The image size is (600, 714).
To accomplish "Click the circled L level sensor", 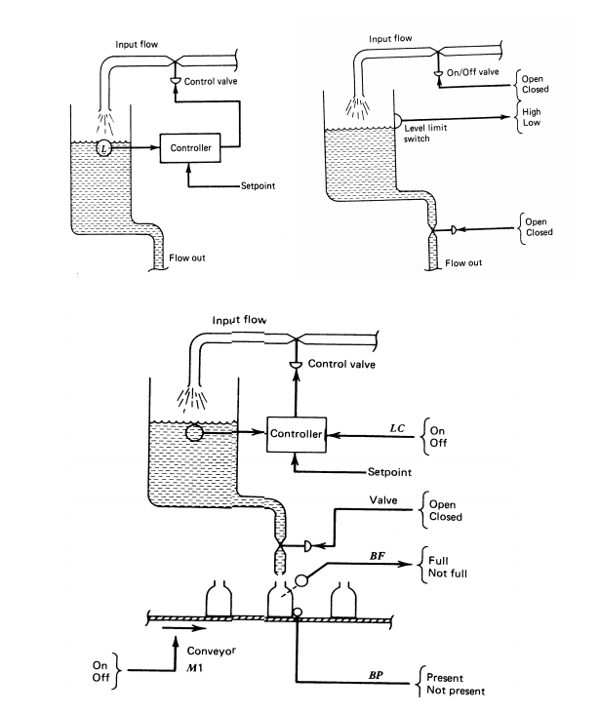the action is click(x=103, y=148).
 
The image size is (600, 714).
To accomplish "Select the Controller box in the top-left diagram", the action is click(x=190, y=147).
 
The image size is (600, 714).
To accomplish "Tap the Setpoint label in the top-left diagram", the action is click(x=258, y=185).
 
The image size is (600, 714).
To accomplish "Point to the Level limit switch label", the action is click(x=425, y=133).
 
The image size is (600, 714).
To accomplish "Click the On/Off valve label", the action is click(x=472, y=72).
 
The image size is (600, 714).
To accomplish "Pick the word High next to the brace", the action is click(x=531, y=111).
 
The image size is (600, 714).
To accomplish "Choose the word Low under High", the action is click(x=531, y=123).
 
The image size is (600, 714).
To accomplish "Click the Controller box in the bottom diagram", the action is click(x=297, y=434).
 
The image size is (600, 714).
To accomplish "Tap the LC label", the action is click(x=397, y=428).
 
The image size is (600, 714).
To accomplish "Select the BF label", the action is click(x=378, y=556).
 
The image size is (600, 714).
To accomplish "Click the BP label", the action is click(x=376, y=675).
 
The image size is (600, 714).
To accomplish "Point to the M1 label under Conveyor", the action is click(x=194, y=668).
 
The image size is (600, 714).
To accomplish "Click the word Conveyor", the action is click(x=212, y=652).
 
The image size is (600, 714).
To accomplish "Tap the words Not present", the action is click(x=456, y=691).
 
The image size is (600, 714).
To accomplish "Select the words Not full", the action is click(x=448, y=574).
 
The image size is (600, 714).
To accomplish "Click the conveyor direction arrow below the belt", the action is click(x=184, y=628).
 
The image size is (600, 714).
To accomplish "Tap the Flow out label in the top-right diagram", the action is click(x=463, y=262).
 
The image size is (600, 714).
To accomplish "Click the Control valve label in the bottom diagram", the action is click(x=341, y=364).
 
